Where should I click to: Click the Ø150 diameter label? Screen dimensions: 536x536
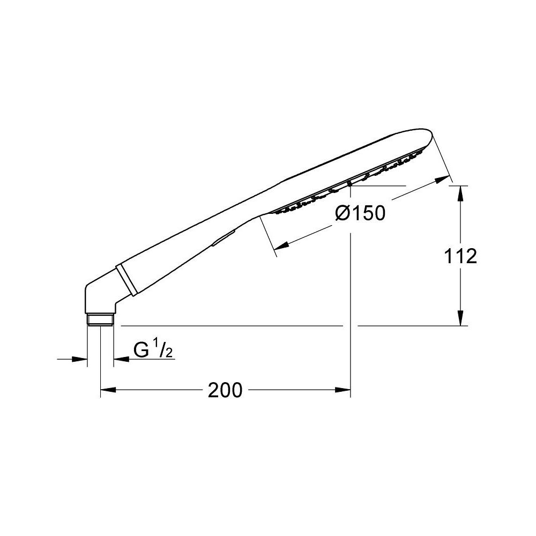pyautogui.click(x=360, y=213)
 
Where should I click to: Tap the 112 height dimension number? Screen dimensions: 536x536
pyautogui.click(x=460, y=256)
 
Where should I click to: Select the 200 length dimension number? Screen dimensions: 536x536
pyautogui.click(x=225, y=390)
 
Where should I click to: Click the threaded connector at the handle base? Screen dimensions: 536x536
pyautogui.click(x=100, y=319)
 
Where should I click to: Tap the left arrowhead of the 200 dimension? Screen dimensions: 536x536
pyautogui.click(x=108, y=390)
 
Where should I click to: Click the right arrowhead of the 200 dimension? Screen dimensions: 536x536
pyautogui.click(x=343, y=390)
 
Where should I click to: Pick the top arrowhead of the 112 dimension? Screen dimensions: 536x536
pyautogui.click(x=460, y=193)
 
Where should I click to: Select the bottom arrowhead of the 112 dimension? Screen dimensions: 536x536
pyautogui.click(x=460, y=318)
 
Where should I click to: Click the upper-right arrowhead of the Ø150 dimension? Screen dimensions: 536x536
pyautogui.click(x=442, y=179)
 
